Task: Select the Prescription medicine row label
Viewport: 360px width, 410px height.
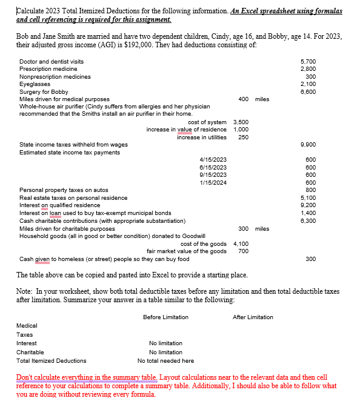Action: click(48, 69)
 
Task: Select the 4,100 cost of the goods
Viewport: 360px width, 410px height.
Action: click(241, 243)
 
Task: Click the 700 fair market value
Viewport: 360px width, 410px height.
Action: click(243, 251)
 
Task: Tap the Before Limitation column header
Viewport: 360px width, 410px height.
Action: click(165, 317)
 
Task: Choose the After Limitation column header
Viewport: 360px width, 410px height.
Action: click(253, 317)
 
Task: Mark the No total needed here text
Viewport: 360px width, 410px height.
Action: click(165, 360)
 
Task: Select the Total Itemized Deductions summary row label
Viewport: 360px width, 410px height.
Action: click(51, 360)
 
